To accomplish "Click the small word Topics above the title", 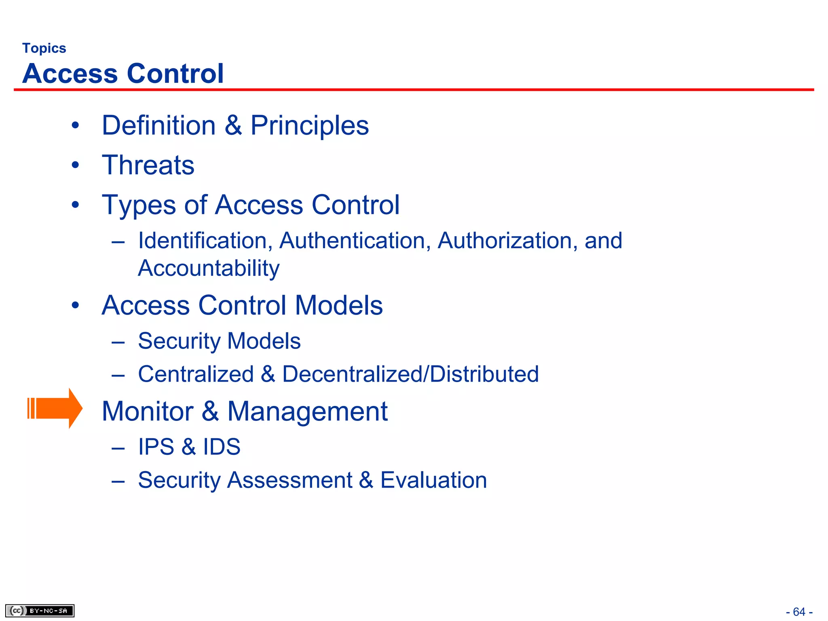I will coord(44,48).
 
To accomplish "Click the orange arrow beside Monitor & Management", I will coord(55,408).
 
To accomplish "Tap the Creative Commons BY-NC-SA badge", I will coord(40,610).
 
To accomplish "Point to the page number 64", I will coord(799,612).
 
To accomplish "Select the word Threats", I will coord(148,165).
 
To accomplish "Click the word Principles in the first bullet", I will coord(309,125).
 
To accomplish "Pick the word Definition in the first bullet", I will coord(158,125).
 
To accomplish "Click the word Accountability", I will coord(209,268).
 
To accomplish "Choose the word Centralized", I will coord(196,374).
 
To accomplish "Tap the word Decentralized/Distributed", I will coord(410,374).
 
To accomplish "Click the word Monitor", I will coord(148,412).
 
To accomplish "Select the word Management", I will coord(307,412).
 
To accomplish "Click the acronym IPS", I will coord(156,447).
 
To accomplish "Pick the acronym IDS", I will coord(222,447).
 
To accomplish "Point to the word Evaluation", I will coord(433,480).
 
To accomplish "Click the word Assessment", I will coord(289,480).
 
